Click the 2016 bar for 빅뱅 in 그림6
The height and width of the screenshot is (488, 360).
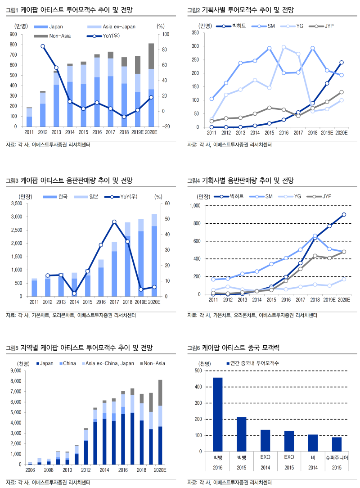pos(217,414)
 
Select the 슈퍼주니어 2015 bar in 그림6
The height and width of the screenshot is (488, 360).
pos(337,444)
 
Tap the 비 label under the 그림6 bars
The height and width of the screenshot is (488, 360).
pos(313,457)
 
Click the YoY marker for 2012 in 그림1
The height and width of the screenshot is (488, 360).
pos(43,46)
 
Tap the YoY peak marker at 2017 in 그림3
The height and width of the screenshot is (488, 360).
pos(114,222)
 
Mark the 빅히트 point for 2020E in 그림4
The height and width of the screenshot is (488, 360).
pos(344,215)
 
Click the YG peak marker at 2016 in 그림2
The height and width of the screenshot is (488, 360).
pos(283,47)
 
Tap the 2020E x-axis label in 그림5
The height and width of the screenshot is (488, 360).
pos(160,470)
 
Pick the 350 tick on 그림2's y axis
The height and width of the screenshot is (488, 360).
pos(195,33)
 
